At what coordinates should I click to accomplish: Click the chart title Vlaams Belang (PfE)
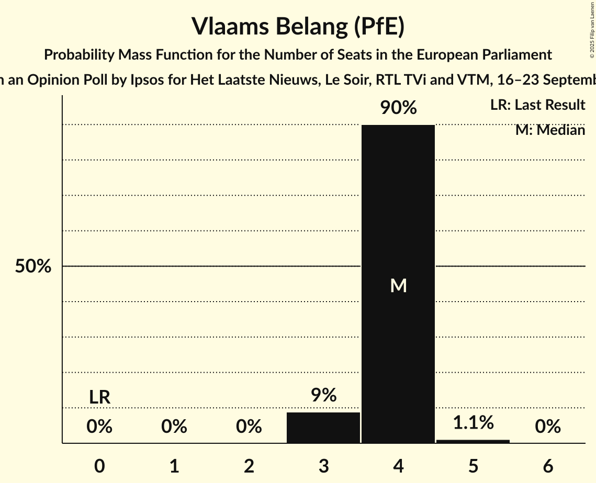pos(298,26)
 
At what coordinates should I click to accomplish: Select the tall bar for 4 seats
pos(398,209)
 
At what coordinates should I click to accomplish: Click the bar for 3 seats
pos(323,428)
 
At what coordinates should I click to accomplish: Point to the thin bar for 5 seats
pos(473,441)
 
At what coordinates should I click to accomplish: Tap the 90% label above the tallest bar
pos(398,108)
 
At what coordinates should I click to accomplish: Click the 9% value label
pos(323,395)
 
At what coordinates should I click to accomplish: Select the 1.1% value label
pos(473,422)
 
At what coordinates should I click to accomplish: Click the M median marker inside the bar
pos(398,285)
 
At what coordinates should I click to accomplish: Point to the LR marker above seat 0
pos(99,397)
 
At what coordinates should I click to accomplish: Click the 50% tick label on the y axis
pos(33,267)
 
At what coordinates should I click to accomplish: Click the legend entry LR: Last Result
pos(537,105)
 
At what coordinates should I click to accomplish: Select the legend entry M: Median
pos(550,130)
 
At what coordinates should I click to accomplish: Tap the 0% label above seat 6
pos(548,427)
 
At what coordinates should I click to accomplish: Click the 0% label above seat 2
pos(249,427)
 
